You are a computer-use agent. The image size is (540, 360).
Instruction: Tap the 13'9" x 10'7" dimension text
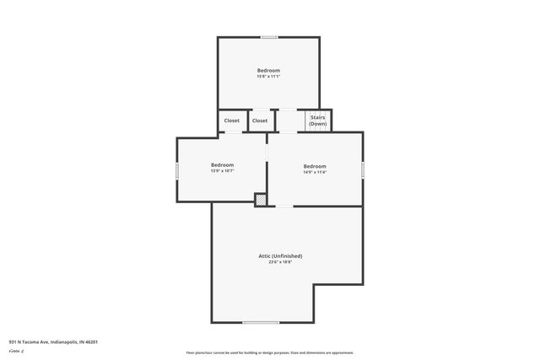tap(222, 171)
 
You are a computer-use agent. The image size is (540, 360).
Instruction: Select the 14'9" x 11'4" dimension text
tap(315, 172)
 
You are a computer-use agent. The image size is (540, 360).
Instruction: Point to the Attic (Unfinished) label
tap(280, 255)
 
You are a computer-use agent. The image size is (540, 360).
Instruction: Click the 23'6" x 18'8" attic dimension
tap(280, 262)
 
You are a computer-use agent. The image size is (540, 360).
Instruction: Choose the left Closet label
tap(232, 121)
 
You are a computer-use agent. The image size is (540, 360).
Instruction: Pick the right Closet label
tap(260, 121)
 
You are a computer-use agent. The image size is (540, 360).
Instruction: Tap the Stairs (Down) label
tap(317, 121)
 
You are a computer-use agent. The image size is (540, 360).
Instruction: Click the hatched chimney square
tap(261, 200)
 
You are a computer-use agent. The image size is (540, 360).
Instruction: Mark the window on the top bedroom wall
tap(268, 37)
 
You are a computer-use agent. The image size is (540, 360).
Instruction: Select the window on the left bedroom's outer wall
tap(177, 170)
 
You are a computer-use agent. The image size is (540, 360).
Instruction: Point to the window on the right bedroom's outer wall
tap(363, 169)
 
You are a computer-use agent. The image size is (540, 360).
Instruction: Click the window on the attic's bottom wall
tap(261, 322)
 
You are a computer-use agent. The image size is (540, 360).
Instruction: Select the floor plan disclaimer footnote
tap(270, 352)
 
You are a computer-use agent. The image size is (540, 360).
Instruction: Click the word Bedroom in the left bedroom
tap(222, 164)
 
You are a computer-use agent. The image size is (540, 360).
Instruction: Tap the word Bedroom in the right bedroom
tap(315, 165)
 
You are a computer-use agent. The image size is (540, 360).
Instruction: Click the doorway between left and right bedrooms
tap(267, 150)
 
